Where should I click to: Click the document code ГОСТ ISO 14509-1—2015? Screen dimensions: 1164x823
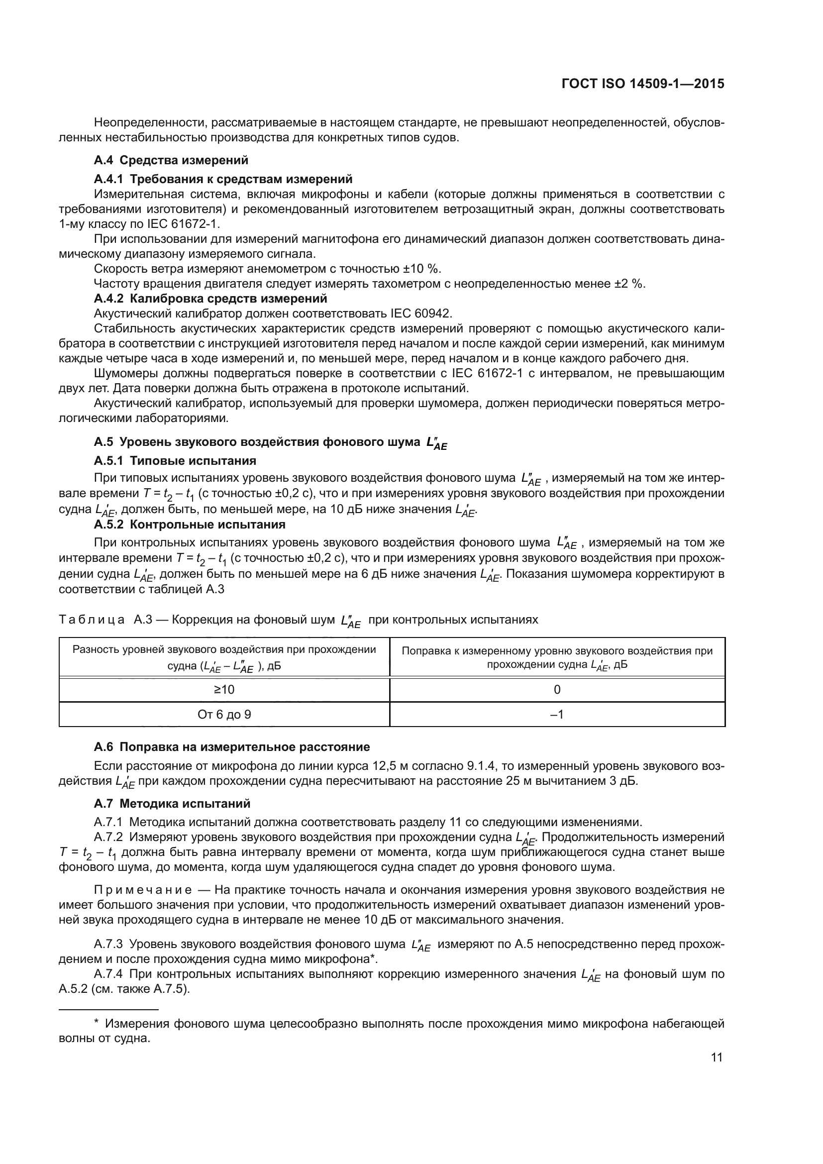tap(642, 84)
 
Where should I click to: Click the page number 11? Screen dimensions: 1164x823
tap(717, 1058)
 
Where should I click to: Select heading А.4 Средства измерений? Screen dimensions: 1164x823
tap(171, 160)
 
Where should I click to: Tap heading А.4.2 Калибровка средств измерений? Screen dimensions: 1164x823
tap(210, 298)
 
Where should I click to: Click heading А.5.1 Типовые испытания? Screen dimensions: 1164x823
tap(175, 460)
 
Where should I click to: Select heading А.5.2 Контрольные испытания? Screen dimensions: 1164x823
tap(190, 524)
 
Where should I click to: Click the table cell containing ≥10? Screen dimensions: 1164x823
tap(224, 689)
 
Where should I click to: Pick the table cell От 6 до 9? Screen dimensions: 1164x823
tap(224, 714)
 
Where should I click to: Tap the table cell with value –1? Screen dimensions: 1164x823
tap(557, 714)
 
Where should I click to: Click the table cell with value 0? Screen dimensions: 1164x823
tap(557, 689)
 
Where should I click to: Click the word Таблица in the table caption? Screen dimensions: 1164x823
tap(92, 620)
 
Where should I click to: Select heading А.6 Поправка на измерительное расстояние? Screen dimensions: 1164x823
tap(231, 747)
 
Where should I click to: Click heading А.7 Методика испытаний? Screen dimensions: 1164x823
tap(172, 804)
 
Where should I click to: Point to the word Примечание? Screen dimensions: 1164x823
tap(143, 890)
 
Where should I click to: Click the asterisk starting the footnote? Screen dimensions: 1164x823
tap(97, 1024)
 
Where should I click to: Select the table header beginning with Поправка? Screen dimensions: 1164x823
tap(557, 657)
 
